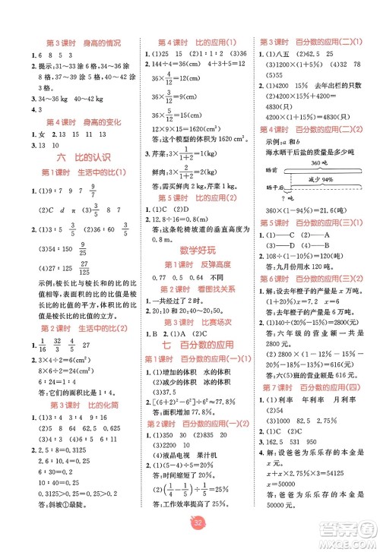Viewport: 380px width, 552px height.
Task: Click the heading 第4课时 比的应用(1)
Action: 196,43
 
